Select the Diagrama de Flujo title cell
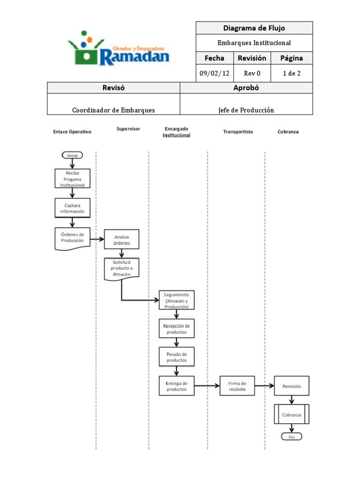click(x=254, y=28)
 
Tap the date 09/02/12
click(x=214, y=74)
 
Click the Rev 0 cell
click(x=252, y=74)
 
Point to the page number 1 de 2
click(x=292, y=74)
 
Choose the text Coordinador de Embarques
click(x=113, y=110)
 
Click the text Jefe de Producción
click(x=246, y=110)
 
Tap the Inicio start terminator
click(x=72, y=156)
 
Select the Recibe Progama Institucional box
click(x=72, y=179)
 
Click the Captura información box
click(x=72, y=208)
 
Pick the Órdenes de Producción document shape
click(x=72, y=238)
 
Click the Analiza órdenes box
click(x=121, y=240)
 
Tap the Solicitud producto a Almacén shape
click(x=121, y=268)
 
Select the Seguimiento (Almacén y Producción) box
click(x=176, y=300)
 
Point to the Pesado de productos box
click(x=176, y=357)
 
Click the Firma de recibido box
click(x=237, y=386)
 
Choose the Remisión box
click(x=292, y=386)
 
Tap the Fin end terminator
click(x=292, y=436)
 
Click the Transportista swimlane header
click(x=238, y=132)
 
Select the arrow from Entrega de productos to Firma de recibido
click(x=207, y=386)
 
